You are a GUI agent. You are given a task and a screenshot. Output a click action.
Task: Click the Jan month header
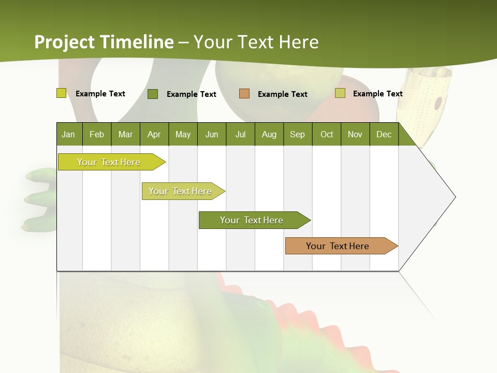pos(68,134)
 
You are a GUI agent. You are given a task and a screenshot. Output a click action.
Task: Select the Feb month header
pos(97,134)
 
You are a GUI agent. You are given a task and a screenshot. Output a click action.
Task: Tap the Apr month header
pos(154,134)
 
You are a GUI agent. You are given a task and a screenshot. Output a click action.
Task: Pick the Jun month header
pos(211,134)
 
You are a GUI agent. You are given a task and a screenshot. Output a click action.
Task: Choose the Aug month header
pos(269,134)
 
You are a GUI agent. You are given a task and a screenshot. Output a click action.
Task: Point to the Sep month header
pos(297,134)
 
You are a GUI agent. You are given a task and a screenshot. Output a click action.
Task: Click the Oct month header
pos(327,134)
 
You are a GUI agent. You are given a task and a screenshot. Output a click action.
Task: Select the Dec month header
pos(384,134)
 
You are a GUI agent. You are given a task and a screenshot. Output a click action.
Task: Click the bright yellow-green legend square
pos(61,93)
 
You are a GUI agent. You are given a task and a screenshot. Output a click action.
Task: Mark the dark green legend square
pos(153,94)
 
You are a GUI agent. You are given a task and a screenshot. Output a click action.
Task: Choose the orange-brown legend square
pos(244,94)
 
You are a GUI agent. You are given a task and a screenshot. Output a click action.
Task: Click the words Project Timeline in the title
pos(104,42)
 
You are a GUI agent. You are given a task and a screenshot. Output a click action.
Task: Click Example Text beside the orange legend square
pos(282,94)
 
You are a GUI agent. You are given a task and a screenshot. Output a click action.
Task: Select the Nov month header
pos(355,134)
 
